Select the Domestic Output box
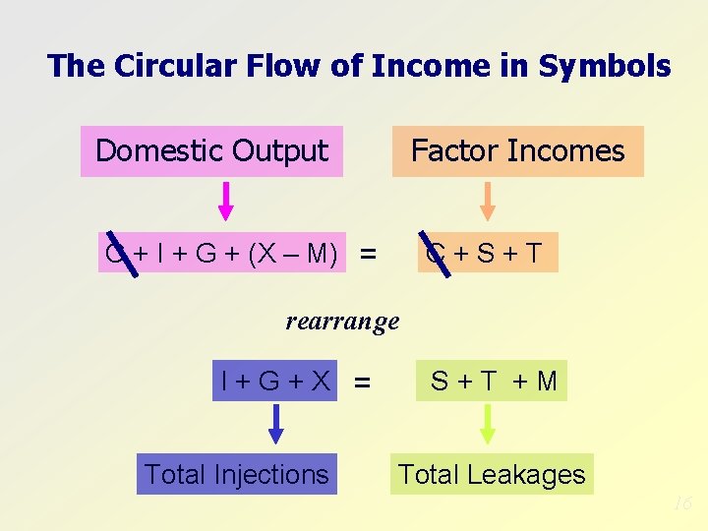[211, 151]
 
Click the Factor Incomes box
[517, 151]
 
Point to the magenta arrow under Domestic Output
[225, 201]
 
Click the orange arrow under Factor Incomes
[488, 201]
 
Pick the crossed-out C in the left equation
[116, 253]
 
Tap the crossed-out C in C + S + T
[434, 253]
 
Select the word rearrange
[342, 321]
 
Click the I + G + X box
[275, 381]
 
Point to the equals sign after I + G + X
[363, 382]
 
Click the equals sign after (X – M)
[368, 255]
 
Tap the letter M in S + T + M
[547, 381]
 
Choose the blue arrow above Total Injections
[276, 424]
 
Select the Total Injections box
[236, 474]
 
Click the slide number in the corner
[683, 503]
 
